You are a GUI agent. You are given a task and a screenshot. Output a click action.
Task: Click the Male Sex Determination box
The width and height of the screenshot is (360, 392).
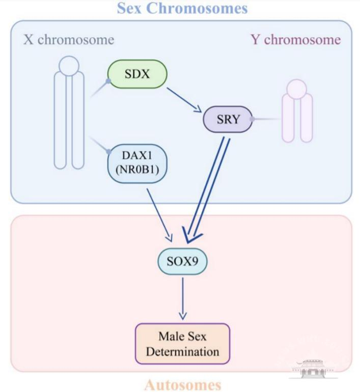[182, 344]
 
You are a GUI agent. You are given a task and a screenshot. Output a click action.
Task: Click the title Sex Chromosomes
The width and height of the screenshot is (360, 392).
[182, 8]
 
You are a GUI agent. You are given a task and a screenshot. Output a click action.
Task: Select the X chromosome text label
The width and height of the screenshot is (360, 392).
[69, 40]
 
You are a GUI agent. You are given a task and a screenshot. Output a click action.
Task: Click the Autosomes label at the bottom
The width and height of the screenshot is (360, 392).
[183, 384]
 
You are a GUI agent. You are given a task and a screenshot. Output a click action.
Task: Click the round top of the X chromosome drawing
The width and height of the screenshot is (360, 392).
[69, 65]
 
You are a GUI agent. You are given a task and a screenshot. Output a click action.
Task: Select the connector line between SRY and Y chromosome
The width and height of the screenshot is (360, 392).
[267, 119]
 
